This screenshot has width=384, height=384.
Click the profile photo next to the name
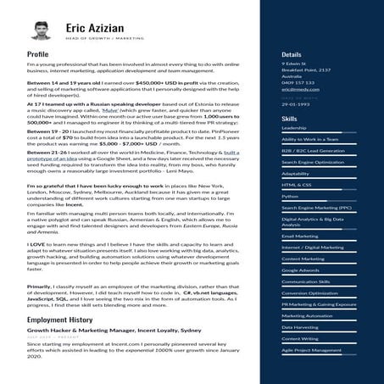pyautogui.click(x=40, y=31)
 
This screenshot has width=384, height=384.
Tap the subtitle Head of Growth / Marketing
pyautogui.click(x=93, y=39)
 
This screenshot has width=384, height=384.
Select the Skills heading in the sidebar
pyautogui.click(x=289, y=119)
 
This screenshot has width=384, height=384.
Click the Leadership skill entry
pyautogui.click(x=293, y=128)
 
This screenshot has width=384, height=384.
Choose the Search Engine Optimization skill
pyautogui.click(x=312, y=161)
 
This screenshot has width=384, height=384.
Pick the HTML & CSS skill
pyautogui.click(x=296, y=184)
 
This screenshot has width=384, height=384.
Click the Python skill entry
pyautogui.click(x=290, y=195)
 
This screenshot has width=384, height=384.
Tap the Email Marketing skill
pyautogui.click(x=300, y=236)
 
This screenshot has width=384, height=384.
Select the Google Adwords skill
pyautogui.click(x=300, y=270)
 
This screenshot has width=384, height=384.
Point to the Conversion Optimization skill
pyautogui.click(x=309, y=292)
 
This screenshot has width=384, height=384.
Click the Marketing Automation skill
pyautogui.click(x=307, y=315)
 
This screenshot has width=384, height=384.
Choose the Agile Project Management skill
pyautogui.click(x=312, y=349)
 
